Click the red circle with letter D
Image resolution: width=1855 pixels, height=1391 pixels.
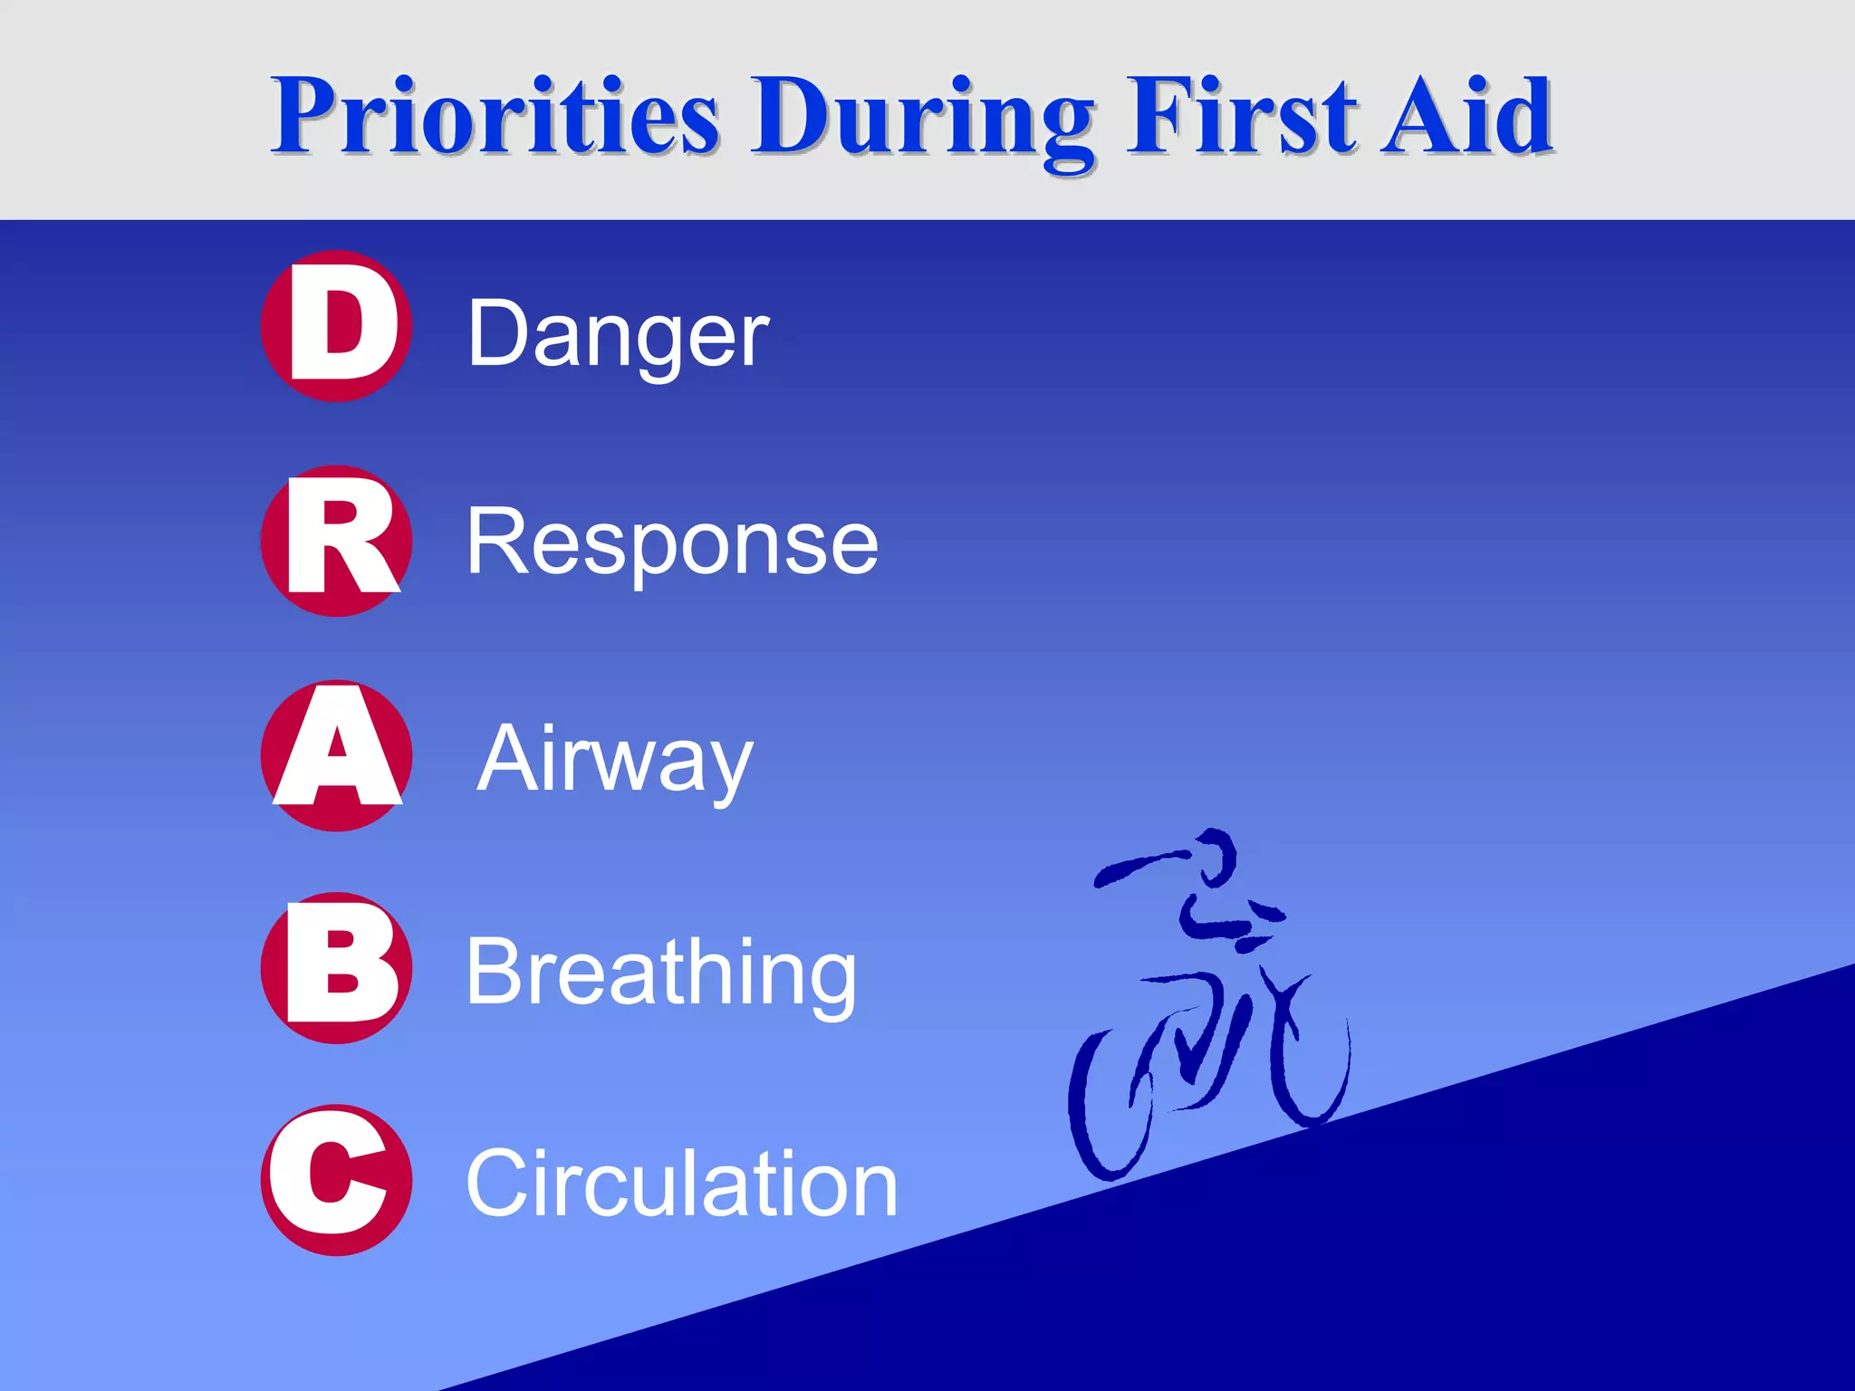point(336,326)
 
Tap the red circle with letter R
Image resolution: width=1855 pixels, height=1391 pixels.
point(336,541)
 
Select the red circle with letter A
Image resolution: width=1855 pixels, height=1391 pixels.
point(336,755)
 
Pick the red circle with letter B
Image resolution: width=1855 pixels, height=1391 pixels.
point(336,968)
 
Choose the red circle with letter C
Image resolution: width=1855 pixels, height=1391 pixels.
point(336,1180)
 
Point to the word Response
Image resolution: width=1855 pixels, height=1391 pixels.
point(672,543)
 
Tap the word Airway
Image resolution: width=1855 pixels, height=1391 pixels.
point(615,761)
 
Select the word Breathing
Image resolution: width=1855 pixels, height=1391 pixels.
point(661,974)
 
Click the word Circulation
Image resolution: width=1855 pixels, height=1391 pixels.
point(681,1185)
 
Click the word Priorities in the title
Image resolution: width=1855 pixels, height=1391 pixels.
point(496,116)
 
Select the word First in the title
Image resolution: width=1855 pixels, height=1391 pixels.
point(1241,116)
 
